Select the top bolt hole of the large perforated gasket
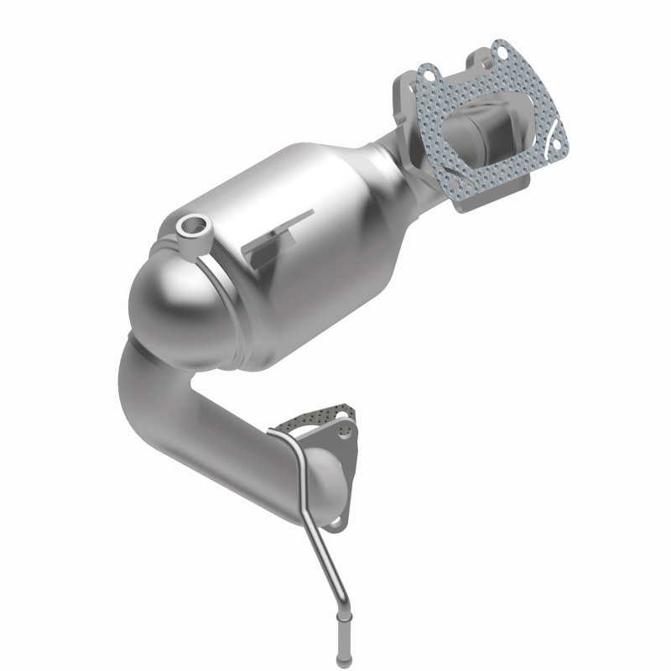(x=501, y=50)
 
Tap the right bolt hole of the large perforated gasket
(x=553, y=142)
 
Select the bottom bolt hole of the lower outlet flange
(x=335, y=523)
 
